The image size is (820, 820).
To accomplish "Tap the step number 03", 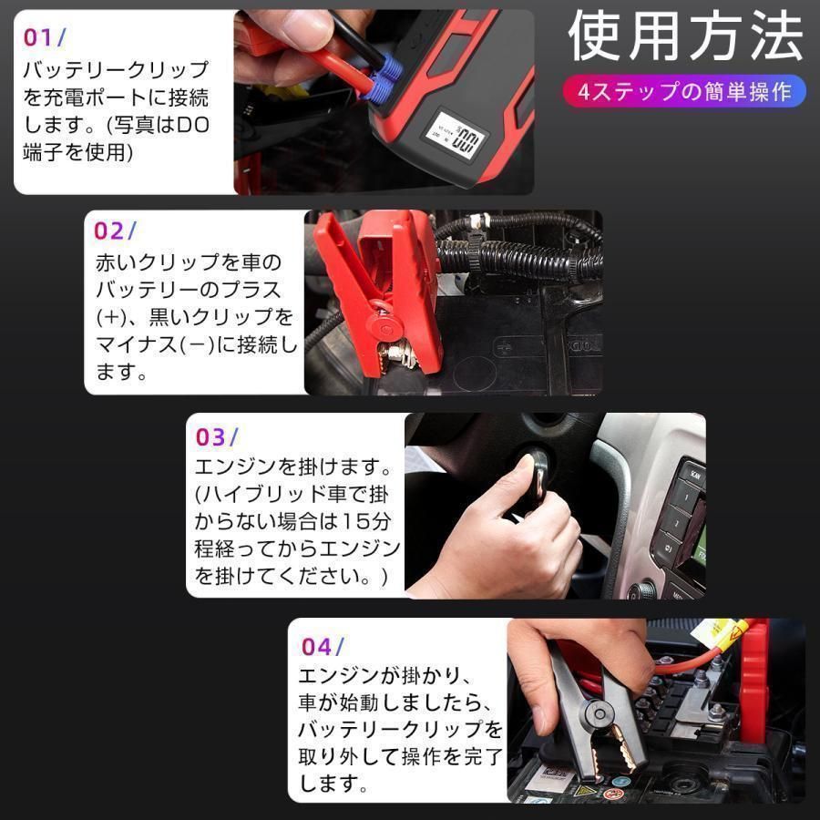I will tap(212, 436).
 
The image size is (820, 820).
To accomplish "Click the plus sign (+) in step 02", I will tap(111, 318).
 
